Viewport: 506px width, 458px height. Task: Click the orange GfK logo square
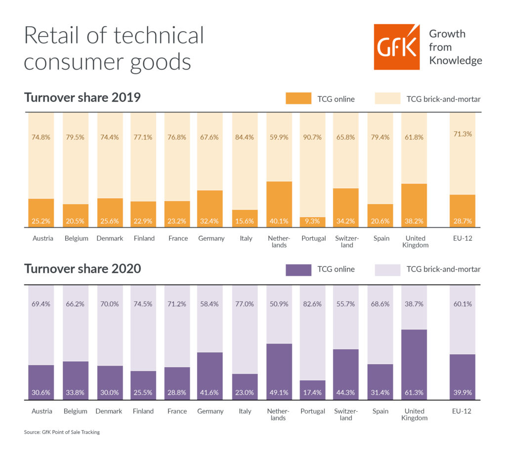click(396, 46)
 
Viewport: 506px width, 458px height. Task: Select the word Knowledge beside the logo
click(455, 60)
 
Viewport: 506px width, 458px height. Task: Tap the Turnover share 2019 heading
click(82, 97)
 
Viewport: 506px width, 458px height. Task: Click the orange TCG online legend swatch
click(298, 98)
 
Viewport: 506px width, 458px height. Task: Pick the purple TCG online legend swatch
click(298, 269)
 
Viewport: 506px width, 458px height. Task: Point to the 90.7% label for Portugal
click(313, 137)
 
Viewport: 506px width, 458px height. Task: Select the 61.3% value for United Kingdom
click(414, 393)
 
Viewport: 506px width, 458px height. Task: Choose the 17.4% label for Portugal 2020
click(313, 393)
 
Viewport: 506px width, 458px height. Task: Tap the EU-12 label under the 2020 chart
click(462, 411)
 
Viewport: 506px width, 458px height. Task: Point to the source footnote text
click(61, 432)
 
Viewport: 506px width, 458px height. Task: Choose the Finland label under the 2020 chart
click(144, 411)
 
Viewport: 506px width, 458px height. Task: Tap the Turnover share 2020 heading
click(82, 269)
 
